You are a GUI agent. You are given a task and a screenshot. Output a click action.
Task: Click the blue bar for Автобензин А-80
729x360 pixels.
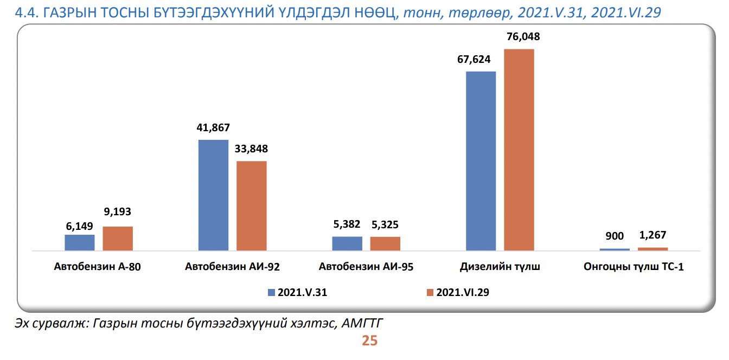(x=80, y=242)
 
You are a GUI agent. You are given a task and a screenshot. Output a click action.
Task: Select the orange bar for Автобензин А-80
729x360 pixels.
(x=118, y=239)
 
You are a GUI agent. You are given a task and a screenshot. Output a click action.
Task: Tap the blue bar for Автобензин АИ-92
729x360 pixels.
(x=213, y=195)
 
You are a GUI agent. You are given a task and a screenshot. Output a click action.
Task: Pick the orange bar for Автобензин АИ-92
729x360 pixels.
(x=252, y=206)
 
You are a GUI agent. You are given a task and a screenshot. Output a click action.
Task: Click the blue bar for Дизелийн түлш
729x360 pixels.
(x=481, y=161)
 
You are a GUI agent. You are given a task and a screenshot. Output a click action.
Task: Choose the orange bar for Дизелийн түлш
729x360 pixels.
(x=519, y=150)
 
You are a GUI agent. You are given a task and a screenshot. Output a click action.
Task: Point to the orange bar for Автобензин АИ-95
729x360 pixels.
(x=385, y=243)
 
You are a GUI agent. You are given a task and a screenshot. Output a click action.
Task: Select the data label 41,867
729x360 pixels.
(x=213, y=128)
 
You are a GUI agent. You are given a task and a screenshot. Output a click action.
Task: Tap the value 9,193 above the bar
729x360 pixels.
(x=118, y=212)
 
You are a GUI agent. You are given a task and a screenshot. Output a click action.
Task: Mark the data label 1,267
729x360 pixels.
(x=652, y=235)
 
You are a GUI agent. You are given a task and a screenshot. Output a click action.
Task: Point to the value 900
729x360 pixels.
(x=615, y=236)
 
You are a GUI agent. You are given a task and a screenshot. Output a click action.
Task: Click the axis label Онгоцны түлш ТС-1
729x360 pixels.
(x=633, y=267)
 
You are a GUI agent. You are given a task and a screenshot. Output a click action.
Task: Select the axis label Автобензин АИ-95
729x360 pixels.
(x=366, y=267)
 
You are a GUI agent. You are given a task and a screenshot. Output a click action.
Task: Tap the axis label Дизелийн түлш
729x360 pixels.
(x=500, y=267)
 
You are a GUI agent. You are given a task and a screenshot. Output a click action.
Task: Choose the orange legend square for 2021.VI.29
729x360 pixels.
(x=430, y=292)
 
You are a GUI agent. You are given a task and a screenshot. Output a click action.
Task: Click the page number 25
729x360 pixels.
(x=369, y=341)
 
